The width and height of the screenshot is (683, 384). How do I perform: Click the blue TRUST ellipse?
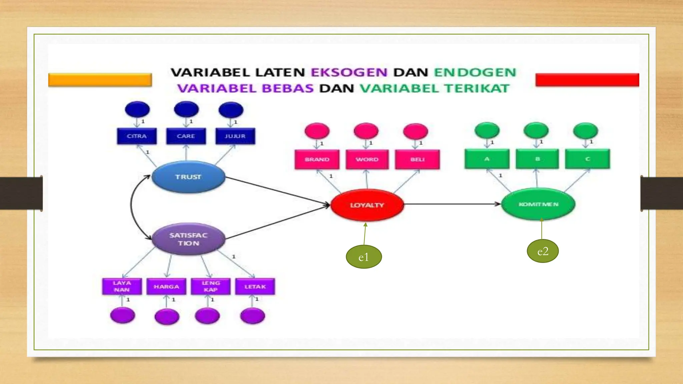click(x=188, y=177)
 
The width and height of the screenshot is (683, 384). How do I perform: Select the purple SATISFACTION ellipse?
click(x=188, y=239)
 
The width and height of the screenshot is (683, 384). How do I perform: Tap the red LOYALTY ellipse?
click(x=367, y=205)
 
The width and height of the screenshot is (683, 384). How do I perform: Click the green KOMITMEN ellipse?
click(x=538, y=204)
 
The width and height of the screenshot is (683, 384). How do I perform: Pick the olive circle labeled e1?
click(x=364, y=257)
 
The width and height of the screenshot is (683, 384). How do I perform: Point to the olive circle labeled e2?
click(x=543, y=251)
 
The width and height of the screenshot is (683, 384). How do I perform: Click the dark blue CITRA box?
click(x=137, y=136)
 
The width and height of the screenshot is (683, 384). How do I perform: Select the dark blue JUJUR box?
click(x=235, y=136)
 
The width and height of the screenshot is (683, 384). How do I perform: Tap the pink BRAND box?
click(x=317, y=159)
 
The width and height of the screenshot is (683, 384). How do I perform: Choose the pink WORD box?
click(x=367, y=159)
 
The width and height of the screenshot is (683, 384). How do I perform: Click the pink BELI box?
click(x=417, y=159)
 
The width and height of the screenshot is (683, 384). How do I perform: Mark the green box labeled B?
click(x=537, y=159)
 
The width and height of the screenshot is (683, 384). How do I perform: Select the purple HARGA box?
click(x=166, y=287)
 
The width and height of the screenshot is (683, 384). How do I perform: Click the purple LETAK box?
click(x=255, y=287)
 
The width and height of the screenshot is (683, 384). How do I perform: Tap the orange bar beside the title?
click(x=100, y=80)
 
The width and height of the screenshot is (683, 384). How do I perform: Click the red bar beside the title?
click(x=587, y=80)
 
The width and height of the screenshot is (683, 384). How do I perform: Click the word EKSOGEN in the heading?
click(x=349, y=72)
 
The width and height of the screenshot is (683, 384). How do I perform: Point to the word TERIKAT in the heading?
click(x=477, y=88)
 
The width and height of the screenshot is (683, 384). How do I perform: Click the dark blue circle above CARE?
click(x=186, y=109)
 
